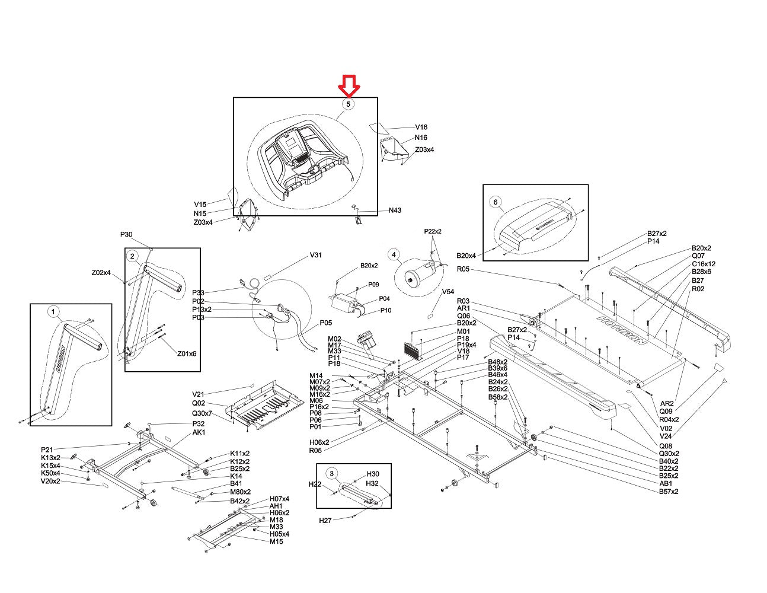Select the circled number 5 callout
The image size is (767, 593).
349,104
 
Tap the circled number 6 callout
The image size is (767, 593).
496,202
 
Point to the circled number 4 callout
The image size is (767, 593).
393,254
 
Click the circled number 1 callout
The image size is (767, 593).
53,311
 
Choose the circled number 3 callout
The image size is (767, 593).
332,473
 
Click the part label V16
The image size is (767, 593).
421,127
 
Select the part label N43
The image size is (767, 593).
395,211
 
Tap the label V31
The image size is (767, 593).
316,256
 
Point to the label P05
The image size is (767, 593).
325,323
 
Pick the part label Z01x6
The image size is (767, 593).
187,353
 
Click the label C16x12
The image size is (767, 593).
704,264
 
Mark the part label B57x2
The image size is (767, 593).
669,491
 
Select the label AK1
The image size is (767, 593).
199,432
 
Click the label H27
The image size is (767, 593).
325,520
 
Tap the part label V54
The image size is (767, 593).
448,292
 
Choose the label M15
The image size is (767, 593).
276,541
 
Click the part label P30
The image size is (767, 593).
126,234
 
